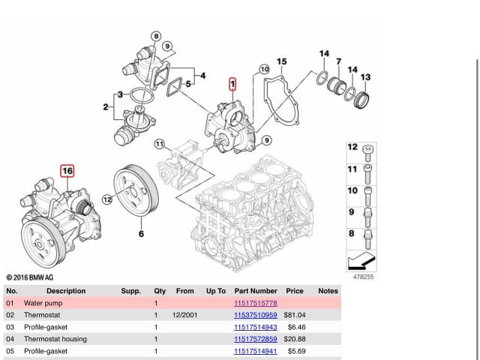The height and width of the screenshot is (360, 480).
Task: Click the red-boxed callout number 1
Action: point(233,84)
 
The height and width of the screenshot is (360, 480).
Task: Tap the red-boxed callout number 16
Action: point(67,171)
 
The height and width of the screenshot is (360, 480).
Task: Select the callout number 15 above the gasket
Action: point(281,61)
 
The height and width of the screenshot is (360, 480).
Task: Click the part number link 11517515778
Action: point(256,303)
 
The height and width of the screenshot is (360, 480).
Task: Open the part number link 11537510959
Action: point(256,315)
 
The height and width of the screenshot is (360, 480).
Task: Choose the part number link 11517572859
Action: point(256,339)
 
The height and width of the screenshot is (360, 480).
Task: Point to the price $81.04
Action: point(295,315)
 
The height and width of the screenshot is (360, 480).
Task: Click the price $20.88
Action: point(295,339)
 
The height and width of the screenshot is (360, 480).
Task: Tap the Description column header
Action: point(66,290)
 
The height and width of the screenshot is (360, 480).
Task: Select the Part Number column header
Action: point(256,290)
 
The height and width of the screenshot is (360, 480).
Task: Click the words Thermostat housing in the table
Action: point(55,339)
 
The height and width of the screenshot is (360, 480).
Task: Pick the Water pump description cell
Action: point(43,303)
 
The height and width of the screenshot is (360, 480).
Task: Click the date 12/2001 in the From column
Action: point(184,315)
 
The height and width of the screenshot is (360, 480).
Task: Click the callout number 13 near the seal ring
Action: point(365,77)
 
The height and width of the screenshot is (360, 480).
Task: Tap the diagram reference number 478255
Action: point(363,276)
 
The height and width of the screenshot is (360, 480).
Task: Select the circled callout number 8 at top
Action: point(156,36)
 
